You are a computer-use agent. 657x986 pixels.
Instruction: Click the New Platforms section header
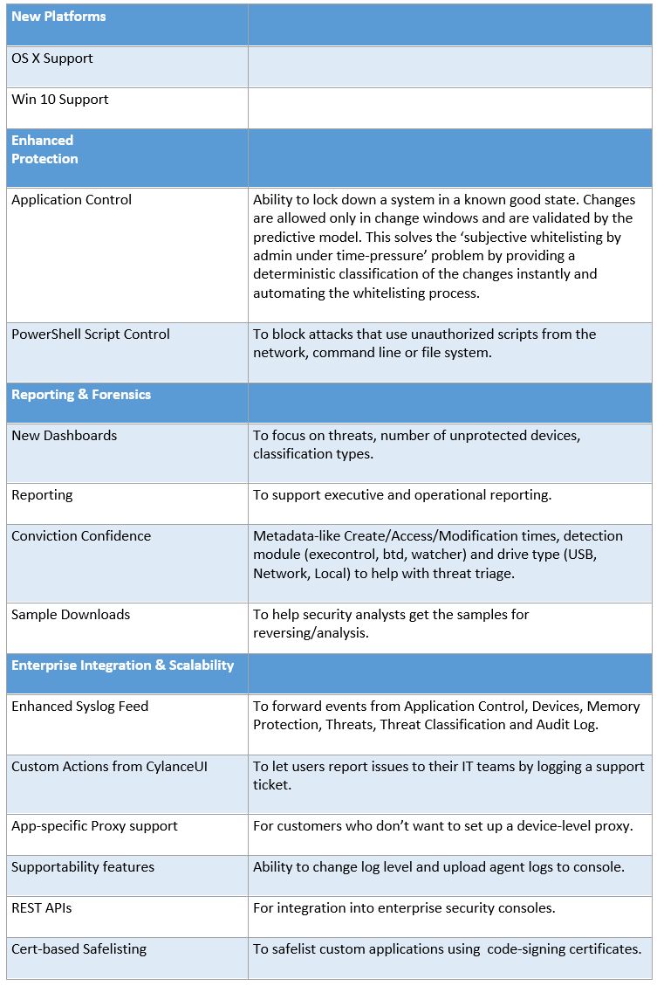(58, 17)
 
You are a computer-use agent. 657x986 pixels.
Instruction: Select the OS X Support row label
(52, 59)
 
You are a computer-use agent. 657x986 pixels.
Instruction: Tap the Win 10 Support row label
(60, 100)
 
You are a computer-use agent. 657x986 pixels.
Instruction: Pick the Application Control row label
(72, 200)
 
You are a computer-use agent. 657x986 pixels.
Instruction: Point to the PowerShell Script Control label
(91, 334)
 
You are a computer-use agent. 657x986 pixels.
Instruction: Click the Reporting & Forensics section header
(81, 395)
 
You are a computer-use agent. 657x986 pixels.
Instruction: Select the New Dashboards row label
(64, 436)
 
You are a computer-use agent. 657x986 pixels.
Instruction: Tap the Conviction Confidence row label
(81, 536)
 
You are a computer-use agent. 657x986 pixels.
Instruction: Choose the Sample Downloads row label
(71, 615)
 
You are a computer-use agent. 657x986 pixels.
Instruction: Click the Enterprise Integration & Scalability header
(122, 665)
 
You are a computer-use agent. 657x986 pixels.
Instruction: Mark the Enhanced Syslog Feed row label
(80, 707)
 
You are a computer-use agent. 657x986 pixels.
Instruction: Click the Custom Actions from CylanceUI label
(109, 767)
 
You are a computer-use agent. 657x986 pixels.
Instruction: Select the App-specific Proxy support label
(94, 826)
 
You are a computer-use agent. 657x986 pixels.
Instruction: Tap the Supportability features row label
(83, 867)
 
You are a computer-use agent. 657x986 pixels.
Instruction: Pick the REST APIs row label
(42, 908)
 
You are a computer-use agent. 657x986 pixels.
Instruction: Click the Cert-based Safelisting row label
(79, 949)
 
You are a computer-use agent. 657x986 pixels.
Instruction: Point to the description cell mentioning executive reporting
(401, 495)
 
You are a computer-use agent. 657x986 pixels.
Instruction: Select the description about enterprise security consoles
(404, 908)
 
